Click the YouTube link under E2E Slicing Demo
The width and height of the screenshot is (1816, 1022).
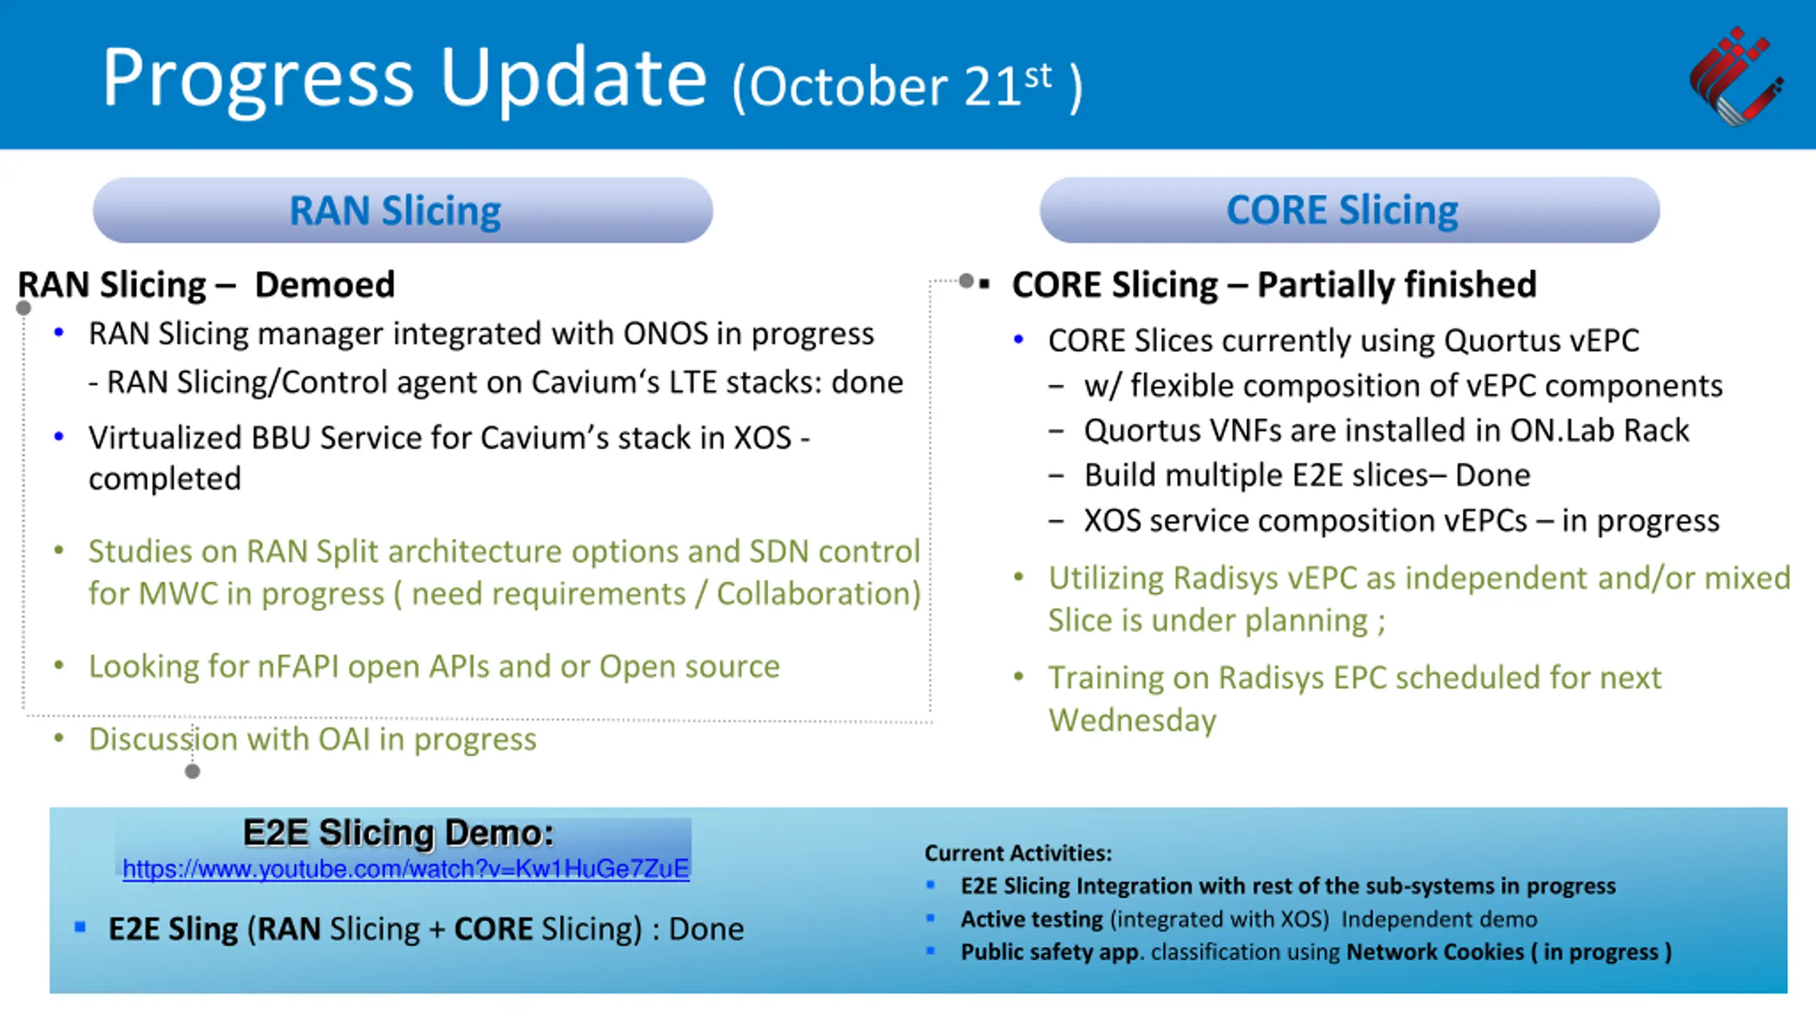pos(406,869)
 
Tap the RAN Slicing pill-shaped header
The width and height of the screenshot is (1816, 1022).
pos(403,210)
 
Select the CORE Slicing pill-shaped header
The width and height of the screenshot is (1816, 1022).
pos(1349,210)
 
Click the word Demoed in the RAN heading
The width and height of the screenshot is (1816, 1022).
pos(325,285)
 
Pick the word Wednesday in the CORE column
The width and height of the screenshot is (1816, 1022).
pos(1133,720)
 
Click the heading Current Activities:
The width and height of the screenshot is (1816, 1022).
pos(1018,852)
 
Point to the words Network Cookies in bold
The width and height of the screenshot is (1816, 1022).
pos(1435,952)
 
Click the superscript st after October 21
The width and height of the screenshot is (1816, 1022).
pos(1038,76)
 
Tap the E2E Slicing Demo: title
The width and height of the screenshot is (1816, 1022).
pos(398,833)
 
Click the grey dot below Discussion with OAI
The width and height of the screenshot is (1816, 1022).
pos(192,771)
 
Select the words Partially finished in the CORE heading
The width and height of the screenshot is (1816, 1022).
pos(1397,285)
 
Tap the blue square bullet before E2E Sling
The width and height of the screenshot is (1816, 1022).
pos(80,926)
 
